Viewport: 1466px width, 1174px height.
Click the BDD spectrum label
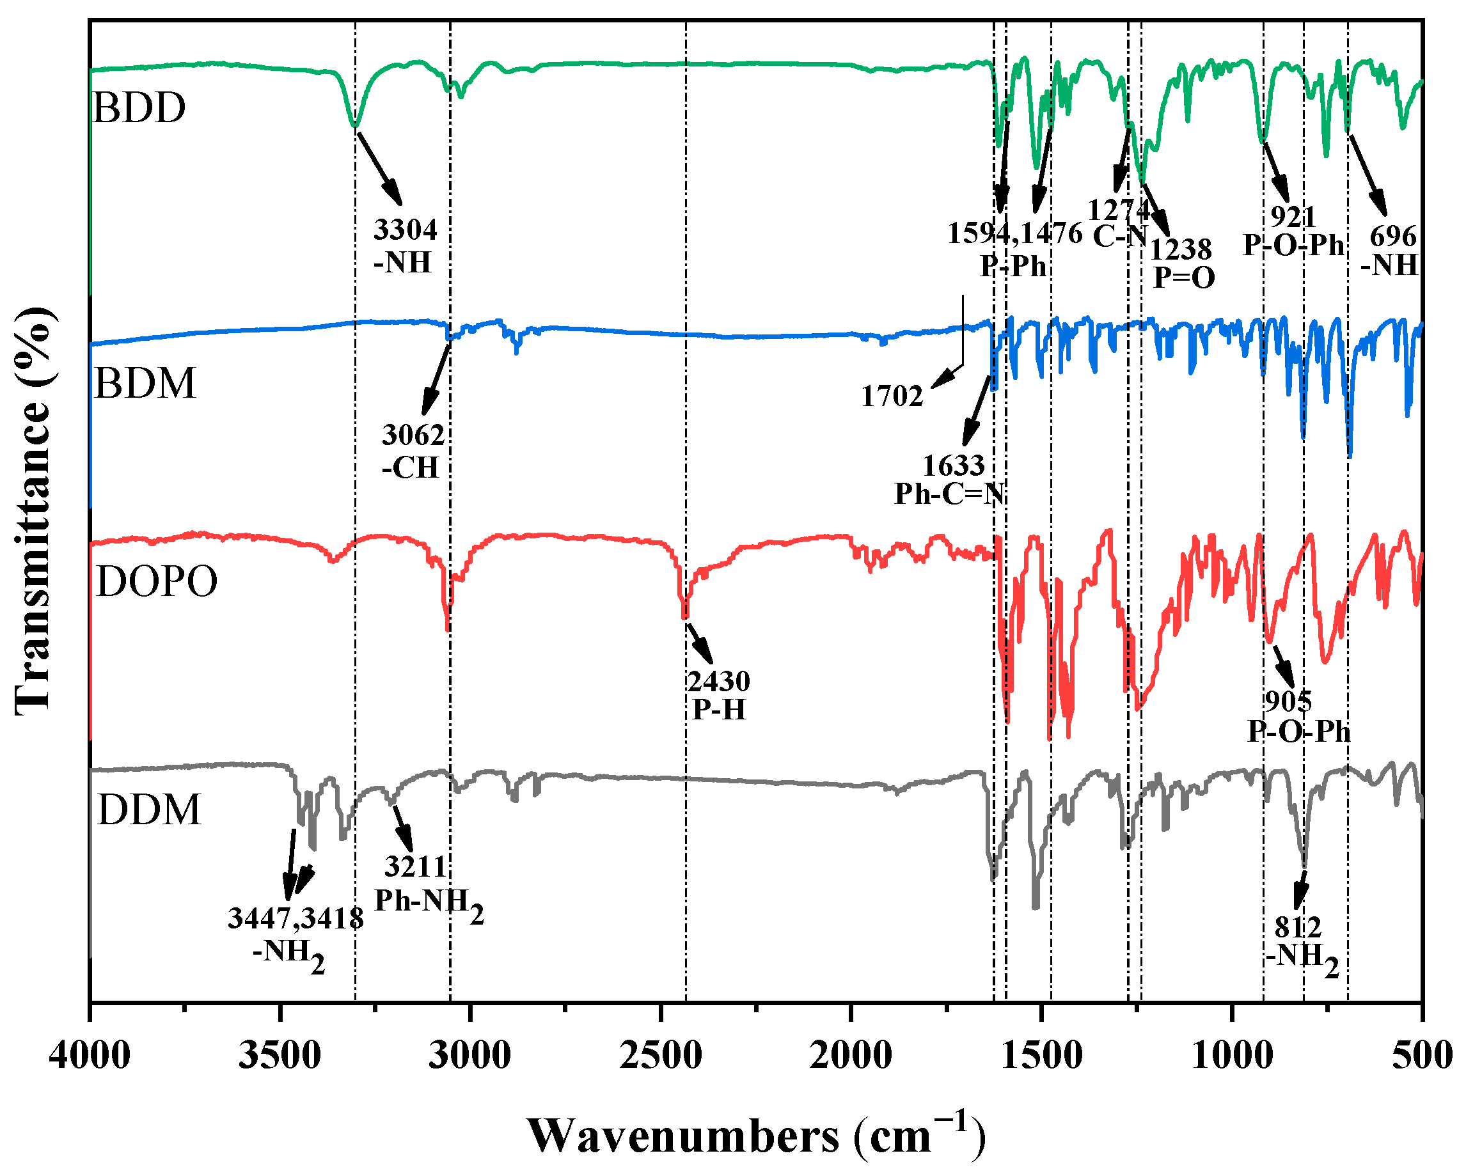pos(139,108)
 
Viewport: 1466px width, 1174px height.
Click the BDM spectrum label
pos(145,384)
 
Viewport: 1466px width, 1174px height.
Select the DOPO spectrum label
pos(157,582)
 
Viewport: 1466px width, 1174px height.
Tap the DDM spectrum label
pos(149,810)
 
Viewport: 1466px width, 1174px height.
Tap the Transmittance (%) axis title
pos(32,510)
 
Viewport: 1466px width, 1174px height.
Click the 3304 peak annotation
pos(406,230)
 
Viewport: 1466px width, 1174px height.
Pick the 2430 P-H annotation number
pos(718,681)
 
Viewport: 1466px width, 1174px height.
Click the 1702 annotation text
pos(892,396)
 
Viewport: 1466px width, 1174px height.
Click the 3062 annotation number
pos(413,435)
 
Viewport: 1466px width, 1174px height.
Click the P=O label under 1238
pos(1184,278)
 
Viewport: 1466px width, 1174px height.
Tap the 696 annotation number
pos(1392,237)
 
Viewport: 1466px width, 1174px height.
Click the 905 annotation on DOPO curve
pos(1288,701)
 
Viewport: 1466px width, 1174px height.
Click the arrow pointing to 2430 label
pos(700,643)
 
